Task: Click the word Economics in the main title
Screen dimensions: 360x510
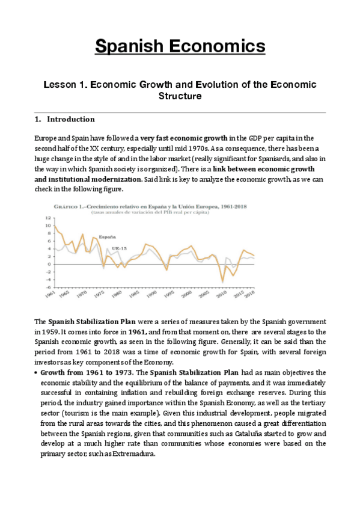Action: pos(219,46)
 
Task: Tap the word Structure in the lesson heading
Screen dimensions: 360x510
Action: pos(180,96)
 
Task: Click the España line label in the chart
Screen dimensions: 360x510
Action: pos(90,237)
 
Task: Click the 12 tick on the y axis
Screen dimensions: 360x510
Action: pos(47,218)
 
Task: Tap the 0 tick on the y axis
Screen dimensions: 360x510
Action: pos(48,264)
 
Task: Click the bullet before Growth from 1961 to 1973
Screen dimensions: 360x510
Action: pos(36,373)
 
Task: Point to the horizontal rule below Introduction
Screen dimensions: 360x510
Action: pos(180,112)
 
